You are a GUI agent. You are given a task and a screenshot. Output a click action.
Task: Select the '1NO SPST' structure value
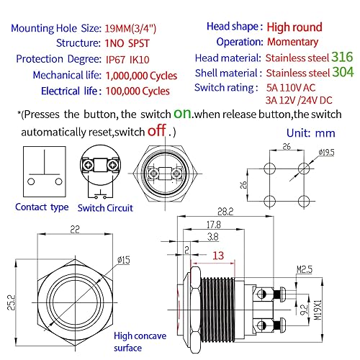pos(127,42)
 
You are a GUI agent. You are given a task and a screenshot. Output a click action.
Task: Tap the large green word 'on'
pos(183,114)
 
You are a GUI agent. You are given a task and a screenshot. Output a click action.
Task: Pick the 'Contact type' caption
pos(42,207)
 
